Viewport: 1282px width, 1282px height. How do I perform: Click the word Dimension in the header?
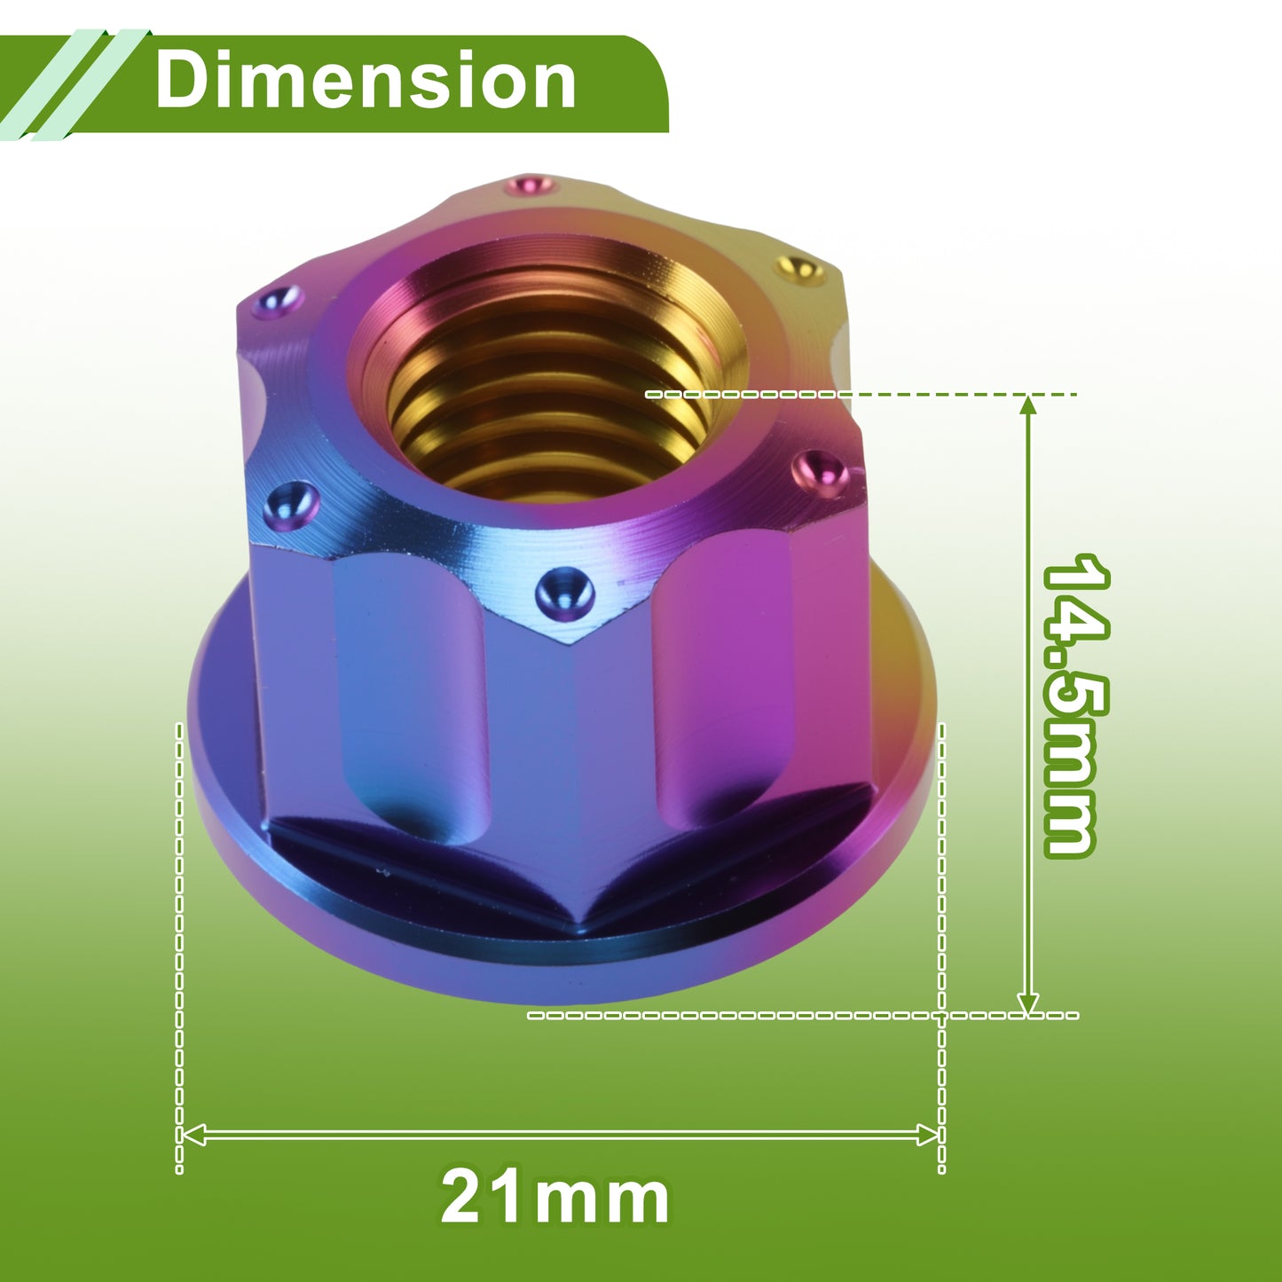366,81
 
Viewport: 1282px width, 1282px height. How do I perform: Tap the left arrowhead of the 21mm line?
193,1135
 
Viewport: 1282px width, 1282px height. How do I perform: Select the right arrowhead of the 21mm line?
927,1135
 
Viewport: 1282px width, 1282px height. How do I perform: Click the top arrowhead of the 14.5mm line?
1028,405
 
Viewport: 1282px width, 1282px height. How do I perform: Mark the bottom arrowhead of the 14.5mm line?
1028,1004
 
